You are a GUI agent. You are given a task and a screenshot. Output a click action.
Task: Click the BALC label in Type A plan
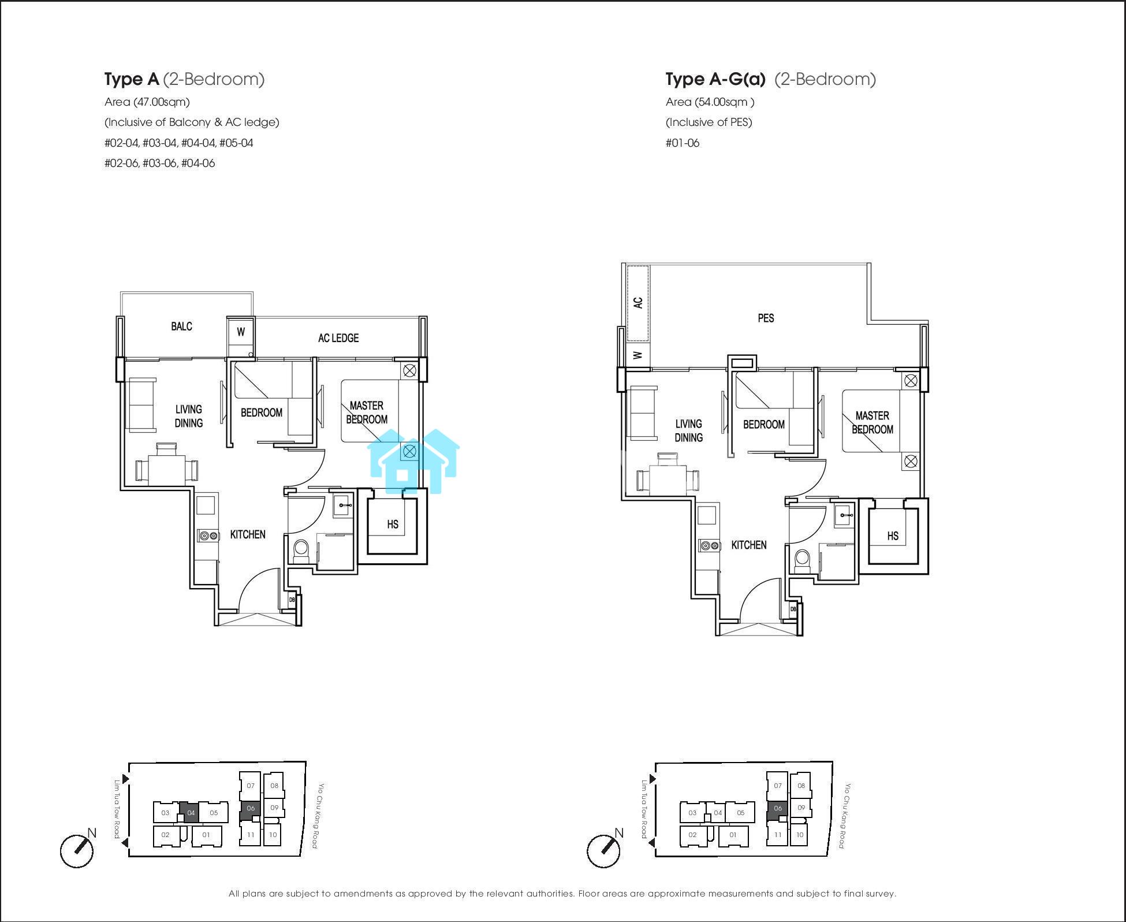point(181,326)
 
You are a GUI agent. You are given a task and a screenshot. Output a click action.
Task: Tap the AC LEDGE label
point(338,338)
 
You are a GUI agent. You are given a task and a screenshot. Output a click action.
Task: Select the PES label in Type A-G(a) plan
point(766,318)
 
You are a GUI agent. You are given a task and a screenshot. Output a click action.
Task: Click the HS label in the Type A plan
point(393,525)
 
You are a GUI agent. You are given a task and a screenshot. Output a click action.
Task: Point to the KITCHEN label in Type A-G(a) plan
point(749,545)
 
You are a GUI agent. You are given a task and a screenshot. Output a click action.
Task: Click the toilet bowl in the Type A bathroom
point(302,551)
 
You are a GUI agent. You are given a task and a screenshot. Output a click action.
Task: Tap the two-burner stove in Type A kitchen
point(208,536)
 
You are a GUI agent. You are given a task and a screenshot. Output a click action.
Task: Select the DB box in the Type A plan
point(292,600)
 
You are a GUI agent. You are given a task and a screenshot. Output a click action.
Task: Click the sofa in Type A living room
point(142,405)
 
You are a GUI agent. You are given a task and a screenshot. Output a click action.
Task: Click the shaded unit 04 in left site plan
point(190,812)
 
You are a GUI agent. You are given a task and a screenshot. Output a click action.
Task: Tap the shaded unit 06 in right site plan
point(777,808)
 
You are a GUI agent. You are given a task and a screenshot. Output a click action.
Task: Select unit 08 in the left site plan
point(274,786)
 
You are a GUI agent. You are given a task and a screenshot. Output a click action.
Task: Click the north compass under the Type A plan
point(77,851)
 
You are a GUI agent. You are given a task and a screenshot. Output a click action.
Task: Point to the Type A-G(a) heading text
point(770,79)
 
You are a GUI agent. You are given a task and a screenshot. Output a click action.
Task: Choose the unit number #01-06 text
point(683,143)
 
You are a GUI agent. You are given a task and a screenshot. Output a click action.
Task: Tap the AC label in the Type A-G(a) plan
point(638,302)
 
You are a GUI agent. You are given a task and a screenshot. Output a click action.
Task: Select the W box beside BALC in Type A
point(241,332)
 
